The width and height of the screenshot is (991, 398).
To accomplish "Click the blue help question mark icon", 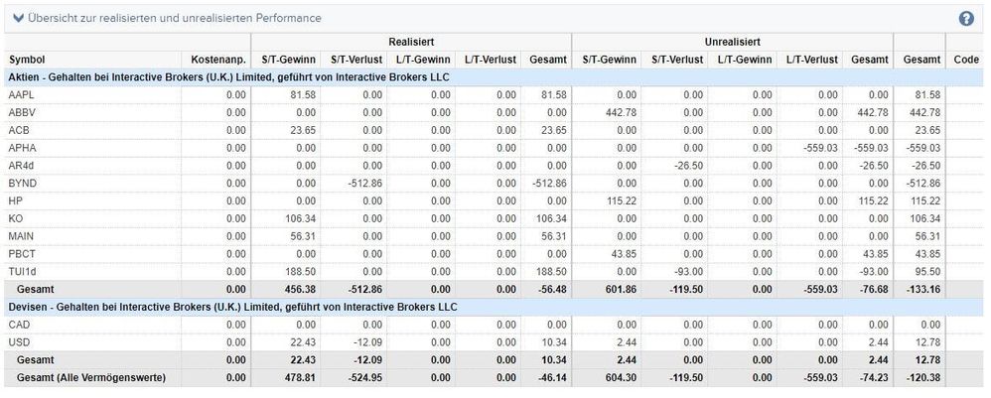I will pos(966,19).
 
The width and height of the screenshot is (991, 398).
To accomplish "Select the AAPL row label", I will pos(21,94).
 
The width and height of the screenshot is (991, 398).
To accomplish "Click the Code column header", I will pos(965,60).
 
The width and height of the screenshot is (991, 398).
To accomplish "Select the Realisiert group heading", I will pos(409,43).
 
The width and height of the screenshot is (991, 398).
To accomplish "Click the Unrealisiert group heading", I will pos(732,43).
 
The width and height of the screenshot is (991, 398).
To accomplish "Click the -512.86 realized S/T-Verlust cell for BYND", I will pos(364,184).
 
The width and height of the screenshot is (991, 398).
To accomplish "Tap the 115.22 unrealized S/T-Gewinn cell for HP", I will pos(623,201).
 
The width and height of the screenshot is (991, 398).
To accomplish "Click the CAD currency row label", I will pos(20,324).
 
